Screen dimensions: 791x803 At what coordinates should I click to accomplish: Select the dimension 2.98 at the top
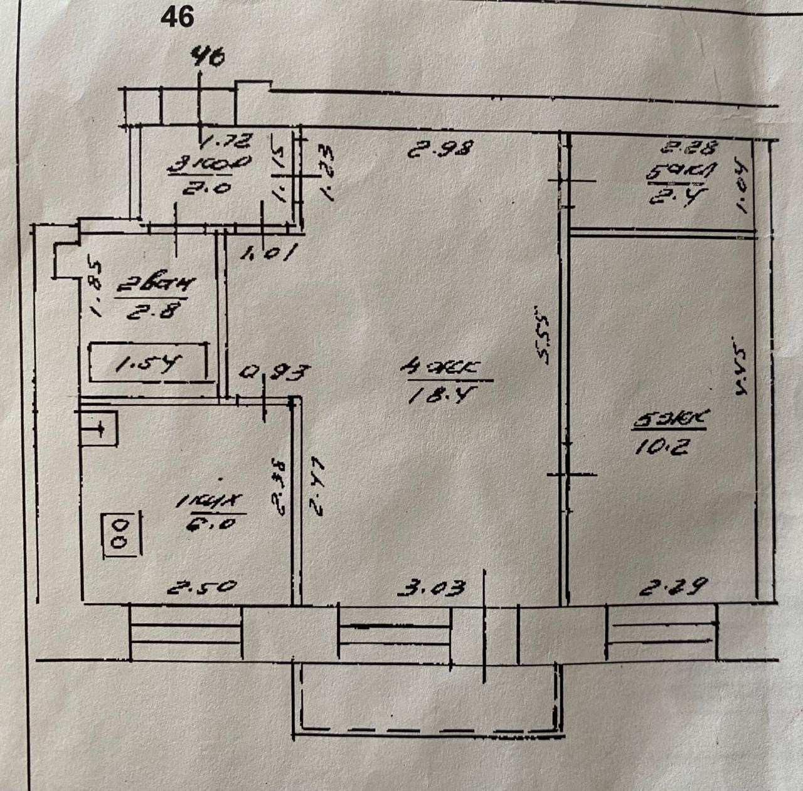pos(439,150)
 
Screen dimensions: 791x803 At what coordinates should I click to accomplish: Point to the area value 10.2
pos(660,446)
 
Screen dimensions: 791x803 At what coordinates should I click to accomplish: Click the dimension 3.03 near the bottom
pos(433,588)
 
